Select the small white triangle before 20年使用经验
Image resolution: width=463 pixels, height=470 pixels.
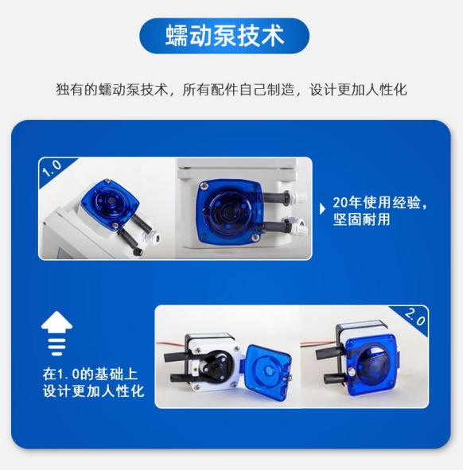(322, 208)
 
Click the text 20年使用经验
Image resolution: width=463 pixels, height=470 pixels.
(381, 203)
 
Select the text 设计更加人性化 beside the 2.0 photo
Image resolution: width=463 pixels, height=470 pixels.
(93, 391)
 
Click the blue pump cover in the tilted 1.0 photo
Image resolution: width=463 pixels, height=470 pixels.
(105, 205)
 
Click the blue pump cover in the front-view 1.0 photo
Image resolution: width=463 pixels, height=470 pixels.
(228, 208)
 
